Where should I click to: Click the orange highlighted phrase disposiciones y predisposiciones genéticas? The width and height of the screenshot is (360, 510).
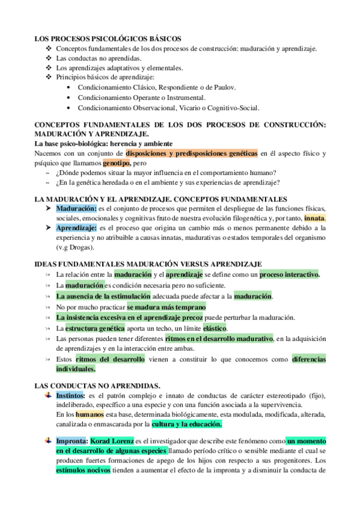(x=192, y=153)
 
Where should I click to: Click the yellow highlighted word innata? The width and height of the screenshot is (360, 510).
(x=314, y=218)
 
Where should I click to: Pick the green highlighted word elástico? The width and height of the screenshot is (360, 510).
(x=215, y=328)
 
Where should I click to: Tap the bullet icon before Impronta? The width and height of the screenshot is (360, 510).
(x=47, y=441)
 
